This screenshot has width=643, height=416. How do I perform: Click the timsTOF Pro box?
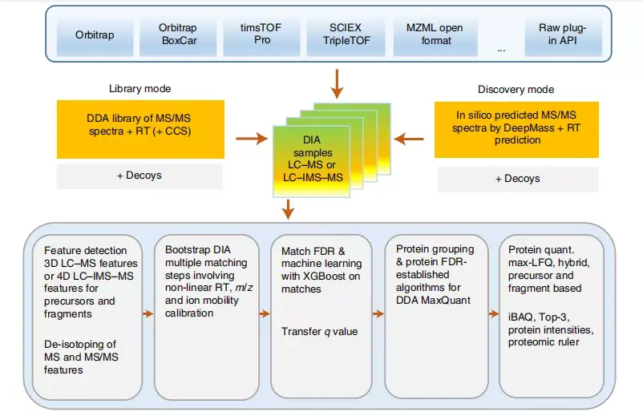click(261, 36)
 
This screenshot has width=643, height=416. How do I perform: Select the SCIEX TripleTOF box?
click(346, 36)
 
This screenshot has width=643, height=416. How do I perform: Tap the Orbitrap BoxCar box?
click(178, 36)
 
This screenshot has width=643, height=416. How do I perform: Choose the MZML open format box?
click(435, 36)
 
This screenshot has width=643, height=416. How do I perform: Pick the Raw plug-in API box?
click(563, 36)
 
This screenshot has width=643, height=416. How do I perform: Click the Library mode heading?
click(140, 88)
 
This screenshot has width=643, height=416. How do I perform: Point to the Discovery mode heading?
click(516, 89)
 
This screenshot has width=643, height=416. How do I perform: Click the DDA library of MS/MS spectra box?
click(140, 129)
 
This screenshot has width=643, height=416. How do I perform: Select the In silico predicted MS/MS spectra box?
click(516, 130)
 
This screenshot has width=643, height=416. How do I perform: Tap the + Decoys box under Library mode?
click(140, 176)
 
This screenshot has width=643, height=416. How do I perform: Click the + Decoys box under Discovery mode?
click(518, 179)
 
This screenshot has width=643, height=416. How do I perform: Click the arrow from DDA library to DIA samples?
click(252, 139)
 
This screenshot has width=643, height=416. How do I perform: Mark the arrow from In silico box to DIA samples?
click(408, 139)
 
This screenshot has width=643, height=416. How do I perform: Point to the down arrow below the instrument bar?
click(337, 84)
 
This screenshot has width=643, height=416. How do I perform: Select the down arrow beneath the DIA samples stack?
click(289, 209)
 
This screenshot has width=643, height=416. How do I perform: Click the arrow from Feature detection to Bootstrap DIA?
click(148, 314)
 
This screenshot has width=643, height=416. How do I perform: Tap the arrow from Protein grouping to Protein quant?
click(494, 314)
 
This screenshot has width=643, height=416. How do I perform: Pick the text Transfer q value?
click(319, 332)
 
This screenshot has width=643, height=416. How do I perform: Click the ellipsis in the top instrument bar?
click(501, 50)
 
